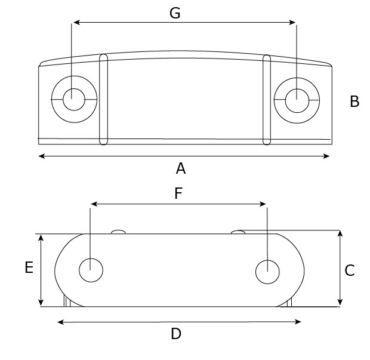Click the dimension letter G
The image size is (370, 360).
(x=175, y=13)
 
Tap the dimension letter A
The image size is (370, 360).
(x=181, y=169)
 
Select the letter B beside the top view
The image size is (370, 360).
(x=354, y=101)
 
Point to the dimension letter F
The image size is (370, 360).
(x=178, y=193)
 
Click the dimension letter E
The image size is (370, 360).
(x=29, y=268)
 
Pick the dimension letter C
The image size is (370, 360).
(x=350, y=270)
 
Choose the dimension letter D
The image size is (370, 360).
(x=175, y=334)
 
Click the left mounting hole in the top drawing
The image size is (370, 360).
(x=73, y=99)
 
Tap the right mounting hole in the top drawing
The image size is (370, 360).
(x=296, y=100)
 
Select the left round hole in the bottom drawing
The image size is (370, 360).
(x=91, y=270)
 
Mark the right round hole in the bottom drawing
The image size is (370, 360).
(x=267, y=272)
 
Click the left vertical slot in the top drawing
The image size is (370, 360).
(x=103, y=99)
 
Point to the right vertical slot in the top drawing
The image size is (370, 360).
(x=267, y=99)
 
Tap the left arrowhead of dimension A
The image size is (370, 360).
(x=41, y=156)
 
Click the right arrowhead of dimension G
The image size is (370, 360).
(x=294, y=23)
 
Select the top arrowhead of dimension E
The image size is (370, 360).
(x=41, y=237)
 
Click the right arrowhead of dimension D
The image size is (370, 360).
(x=299, y=322)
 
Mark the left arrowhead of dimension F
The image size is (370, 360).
(x=93, y=204)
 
